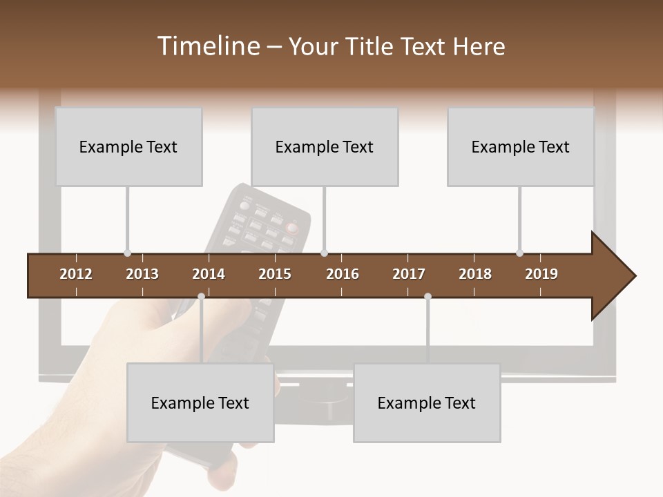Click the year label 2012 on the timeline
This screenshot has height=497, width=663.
point(76,274)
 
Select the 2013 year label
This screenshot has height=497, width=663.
point(142,274)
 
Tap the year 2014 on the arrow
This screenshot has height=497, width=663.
point(209,274)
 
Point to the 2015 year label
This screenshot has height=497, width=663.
point(275,274)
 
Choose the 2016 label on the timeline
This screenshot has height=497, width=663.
point(343,274)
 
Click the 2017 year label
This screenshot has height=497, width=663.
point(409,274)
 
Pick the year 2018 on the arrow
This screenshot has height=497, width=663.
point(475,274)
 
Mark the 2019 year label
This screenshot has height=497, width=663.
point(541,274)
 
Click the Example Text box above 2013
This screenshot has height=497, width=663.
point(128,146)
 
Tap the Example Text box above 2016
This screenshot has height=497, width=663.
point(325,146)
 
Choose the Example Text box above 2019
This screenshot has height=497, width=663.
point(521,146)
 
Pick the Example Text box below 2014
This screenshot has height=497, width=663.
point(200,402)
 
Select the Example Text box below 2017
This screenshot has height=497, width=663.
point(427,402)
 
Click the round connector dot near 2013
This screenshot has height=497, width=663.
point(127,253)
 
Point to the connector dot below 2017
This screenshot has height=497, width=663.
point(427,297)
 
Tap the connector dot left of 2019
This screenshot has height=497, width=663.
point(519,253)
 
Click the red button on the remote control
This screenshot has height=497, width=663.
point(292,227)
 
